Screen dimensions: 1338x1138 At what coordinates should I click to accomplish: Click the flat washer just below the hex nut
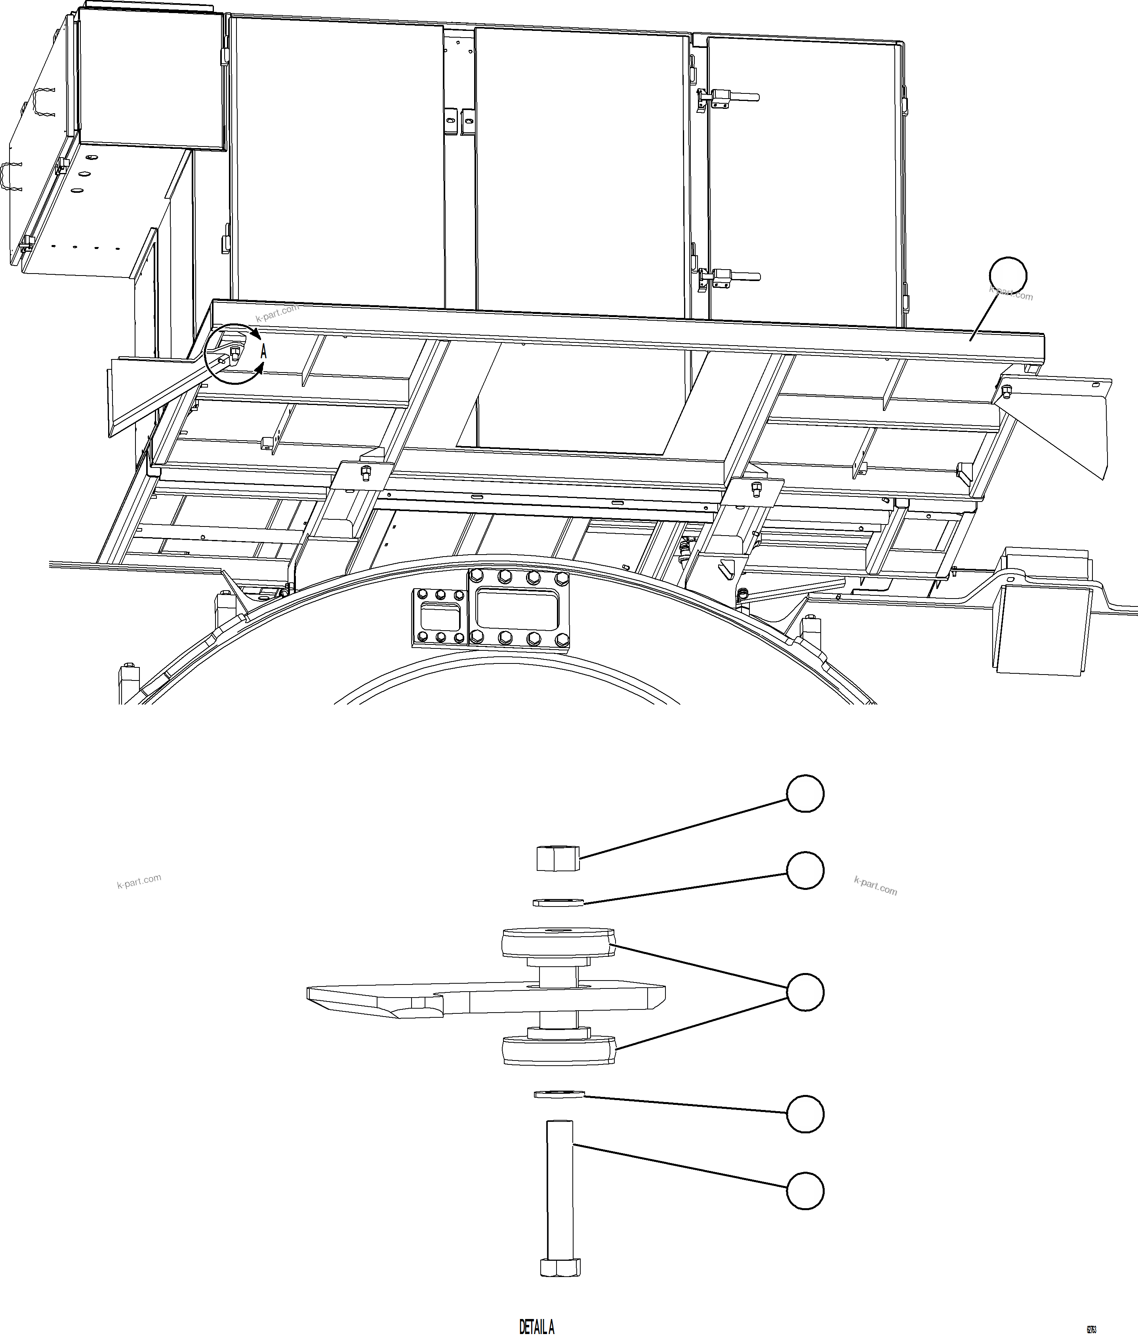pos(559,903)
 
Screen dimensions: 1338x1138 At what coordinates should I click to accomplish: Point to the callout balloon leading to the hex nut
pos(805,794)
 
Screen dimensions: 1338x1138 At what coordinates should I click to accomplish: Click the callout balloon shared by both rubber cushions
pos(805,992)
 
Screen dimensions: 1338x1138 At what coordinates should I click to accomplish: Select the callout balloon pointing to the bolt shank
pos(805,1190)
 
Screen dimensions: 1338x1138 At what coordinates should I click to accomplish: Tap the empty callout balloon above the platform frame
pos(1008,276)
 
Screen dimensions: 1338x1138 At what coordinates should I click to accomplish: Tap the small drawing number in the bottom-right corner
pos(1091,1325)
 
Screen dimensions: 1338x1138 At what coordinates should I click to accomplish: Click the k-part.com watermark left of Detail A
pos(139,882)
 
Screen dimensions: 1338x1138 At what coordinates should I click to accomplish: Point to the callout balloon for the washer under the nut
pos(805,870)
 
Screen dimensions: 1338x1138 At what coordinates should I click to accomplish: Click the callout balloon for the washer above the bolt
pos(805,1113)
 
